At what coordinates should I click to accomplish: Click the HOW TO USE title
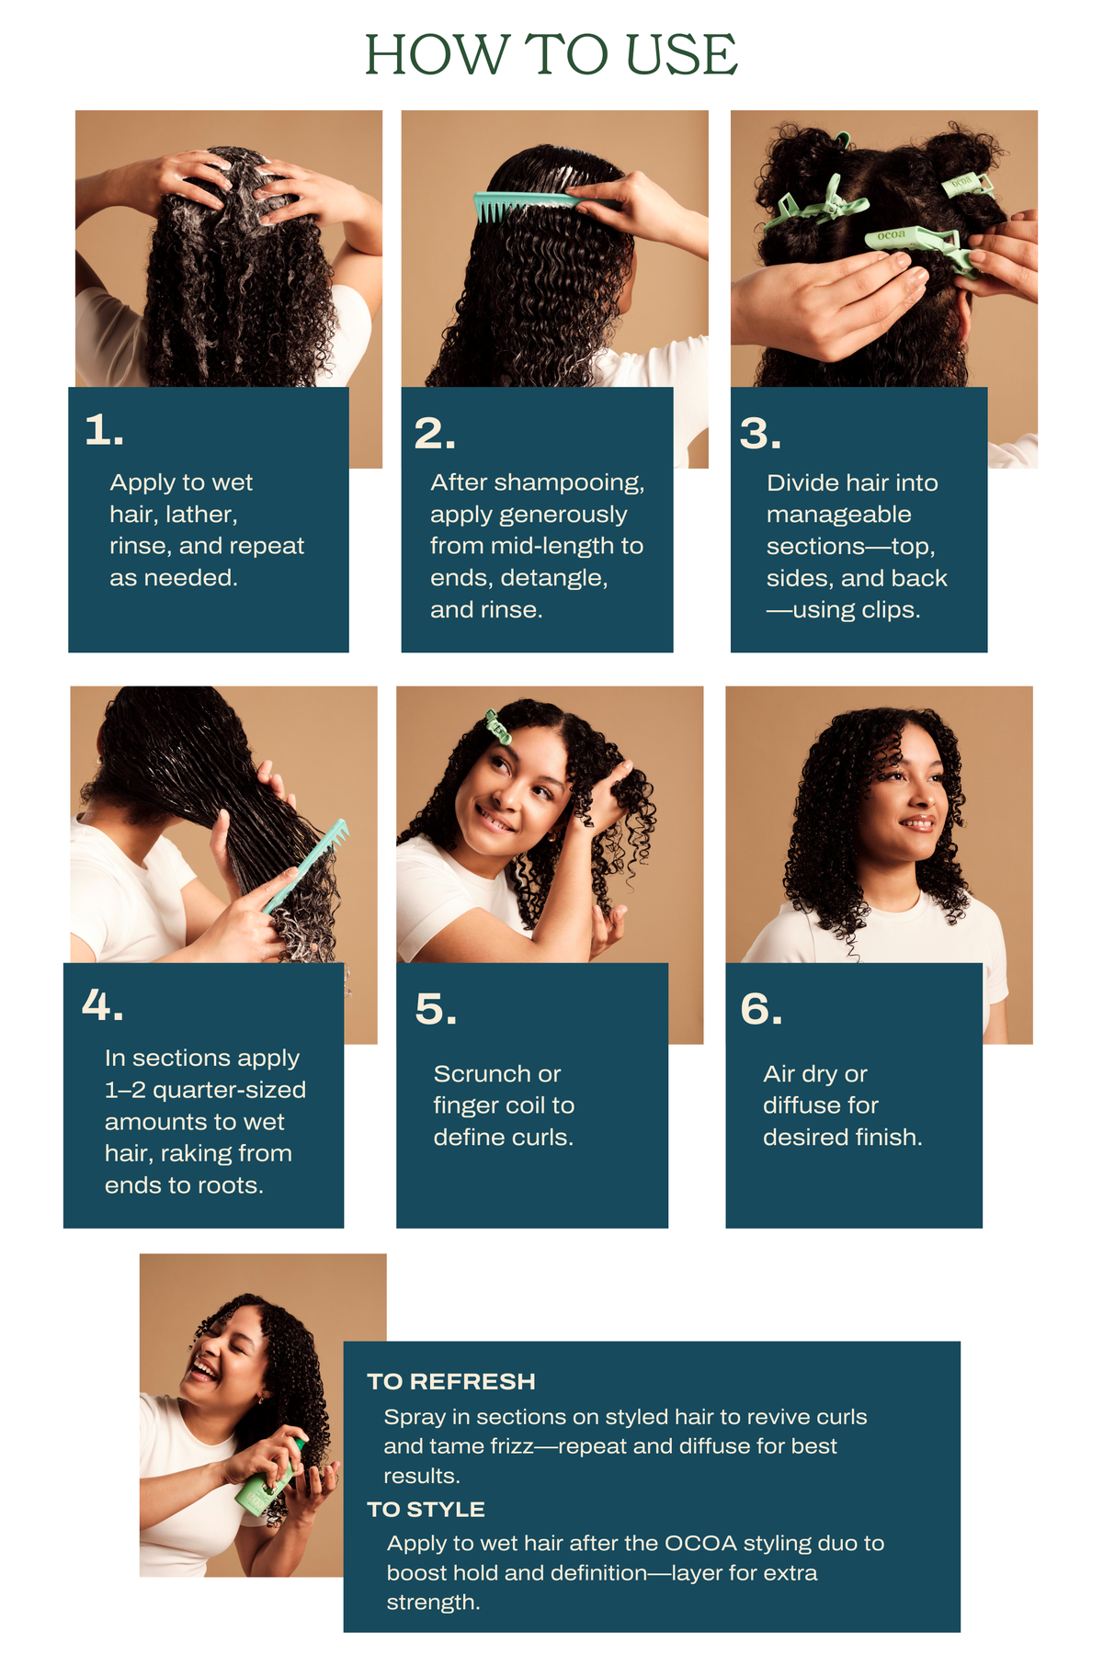(x=551, y=54)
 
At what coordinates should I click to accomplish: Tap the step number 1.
(x=104, y=430)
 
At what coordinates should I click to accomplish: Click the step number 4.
(x=102, y=1005)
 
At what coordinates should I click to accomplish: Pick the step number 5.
(x=436, y=1009)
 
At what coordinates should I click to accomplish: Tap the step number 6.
(x=761, y=1009)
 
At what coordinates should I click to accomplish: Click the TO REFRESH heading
(x=451, y=1382)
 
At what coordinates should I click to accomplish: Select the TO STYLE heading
(x=426, y=1510)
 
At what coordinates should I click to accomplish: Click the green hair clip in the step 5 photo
(x=498, y=727)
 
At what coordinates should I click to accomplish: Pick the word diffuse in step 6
(x=821, y=1105)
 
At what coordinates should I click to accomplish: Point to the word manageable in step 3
(x=839, y=515)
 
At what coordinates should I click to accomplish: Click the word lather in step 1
(x=201, y=515)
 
